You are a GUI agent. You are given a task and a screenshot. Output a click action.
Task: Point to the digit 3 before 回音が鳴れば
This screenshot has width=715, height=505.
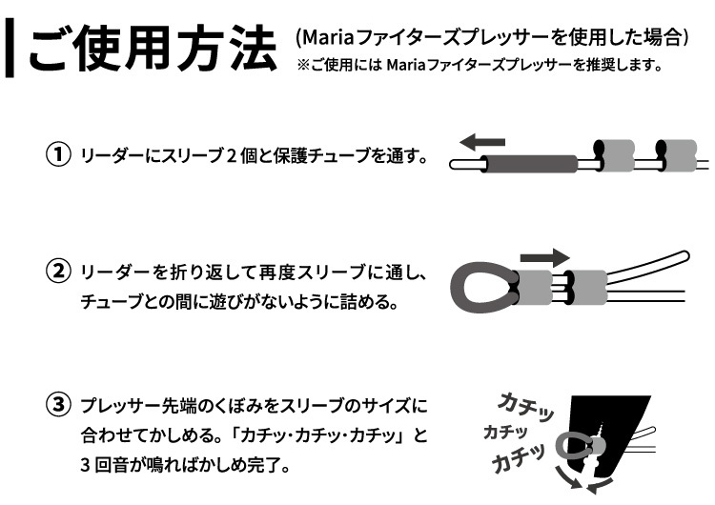tap(83, 468)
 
